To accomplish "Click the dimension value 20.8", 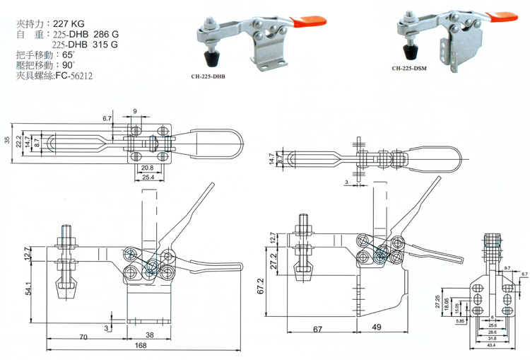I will click(x=148, y=167).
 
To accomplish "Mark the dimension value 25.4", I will click(x=148, y=176).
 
